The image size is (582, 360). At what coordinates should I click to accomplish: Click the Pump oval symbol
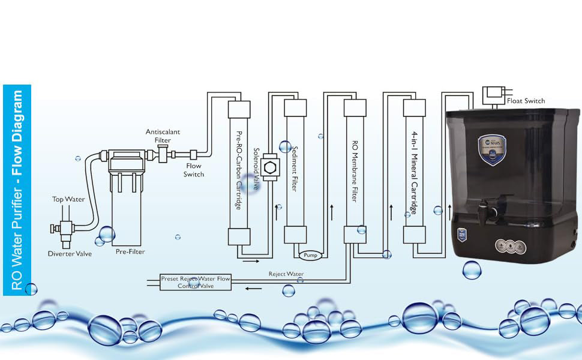(310, 255)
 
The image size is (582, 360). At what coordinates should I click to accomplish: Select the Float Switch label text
(526, 101)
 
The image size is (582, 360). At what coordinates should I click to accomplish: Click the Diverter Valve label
(70, 254)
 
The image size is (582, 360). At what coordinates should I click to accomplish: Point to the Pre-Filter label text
(130, 251)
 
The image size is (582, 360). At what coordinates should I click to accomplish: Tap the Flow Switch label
(194, 170)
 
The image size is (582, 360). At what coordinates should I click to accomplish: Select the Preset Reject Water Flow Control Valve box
(195, 283)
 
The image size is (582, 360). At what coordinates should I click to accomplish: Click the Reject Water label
(286, 274)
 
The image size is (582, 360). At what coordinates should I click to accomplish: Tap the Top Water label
(68, 199)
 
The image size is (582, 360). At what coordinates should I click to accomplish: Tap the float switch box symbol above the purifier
(494, 93)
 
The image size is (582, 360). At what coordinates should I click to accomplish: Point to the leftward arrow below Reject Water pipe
(254, 289)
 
